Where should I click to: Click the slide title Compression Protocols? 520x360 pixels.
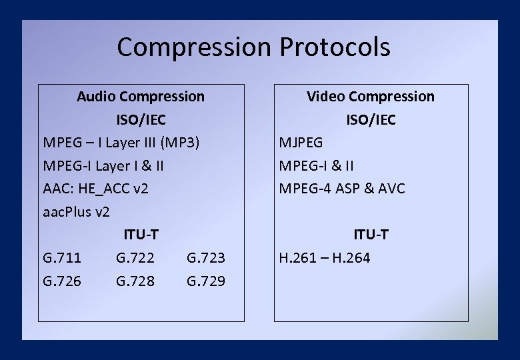253,47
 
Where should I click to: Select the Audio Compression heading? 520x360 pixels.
141,97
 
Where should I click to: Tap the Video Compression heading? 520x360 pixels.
370,97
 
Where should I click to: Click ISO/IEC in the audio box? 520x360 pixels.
141,120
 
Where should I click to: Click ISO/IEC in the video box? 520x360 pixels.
370,120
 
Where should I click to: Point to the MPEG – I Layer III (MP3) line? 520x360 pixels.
121,143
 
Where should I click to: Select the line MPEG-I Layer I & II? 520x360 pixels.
103,166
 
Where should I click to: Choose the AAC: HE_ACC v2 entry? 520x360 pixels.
95,189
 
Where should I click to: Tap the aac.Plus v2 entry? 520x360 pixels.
76,212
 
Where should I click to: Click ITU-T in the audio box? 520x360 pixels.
141,235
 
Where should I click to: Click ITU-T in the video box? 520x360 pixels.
370,235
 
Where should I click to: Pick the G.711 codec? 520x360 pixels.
62,258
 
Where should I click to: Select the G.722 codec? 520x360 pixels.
135,258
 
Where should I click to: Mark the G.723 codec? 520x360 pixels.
206,258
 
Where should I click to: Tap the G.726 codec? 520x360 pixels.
62,281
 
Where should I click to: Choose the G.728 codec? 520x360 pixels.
135,281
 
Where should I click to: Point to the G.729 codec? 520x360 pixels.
206,281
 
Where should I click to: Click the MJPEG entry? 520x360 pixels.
301,143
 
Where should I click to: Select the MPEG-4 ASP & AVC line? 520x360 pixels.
342,189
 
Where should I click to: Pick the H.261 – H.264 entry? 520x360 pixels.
325,258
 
